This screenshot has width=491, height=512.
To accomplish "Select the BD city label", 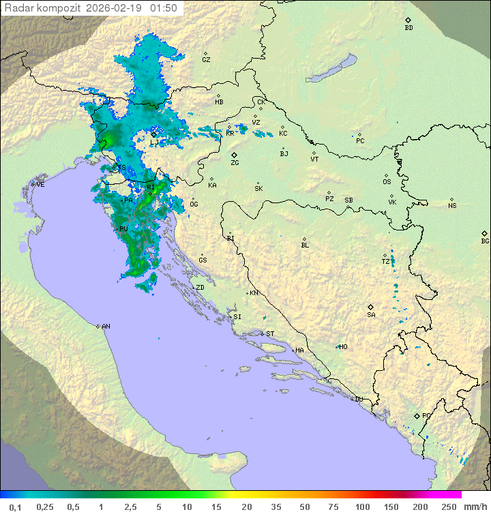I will click(408, 28).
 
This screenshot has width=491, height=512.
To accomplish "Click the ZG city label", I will click(235, 163).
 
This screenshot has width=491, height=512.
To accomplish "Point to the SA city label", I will click(371, 314).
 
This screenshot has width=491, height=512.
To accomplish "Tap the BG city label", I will click(485, 241).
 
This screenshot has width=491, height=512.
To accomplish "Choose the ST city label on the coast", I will click(270, 334).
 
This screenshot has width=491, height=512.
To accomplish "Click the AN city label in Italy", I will click(106, 327).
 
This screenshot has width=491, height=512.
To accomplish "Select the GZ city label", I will click(206, 60).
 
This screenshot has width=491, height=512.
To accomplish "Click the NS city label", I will click(452, 206).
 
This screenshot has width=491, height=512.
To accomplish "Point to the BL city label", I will click(305, 245).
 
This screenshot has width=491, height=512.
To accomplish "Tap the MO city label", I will click(343, 347).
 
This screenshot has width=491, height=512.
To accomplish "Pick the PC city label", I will click(360, 141).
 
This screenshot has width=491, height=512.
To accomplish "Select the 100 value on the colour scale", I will click(362, 507).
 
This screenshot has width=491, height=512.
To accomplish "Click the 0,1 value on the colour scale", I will click(15, 507).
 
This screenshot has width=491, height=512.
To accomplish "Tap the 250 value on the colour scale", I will click(449, 507).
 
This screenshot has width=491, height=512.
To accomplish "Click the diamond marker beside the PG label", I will click(417, 415).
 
